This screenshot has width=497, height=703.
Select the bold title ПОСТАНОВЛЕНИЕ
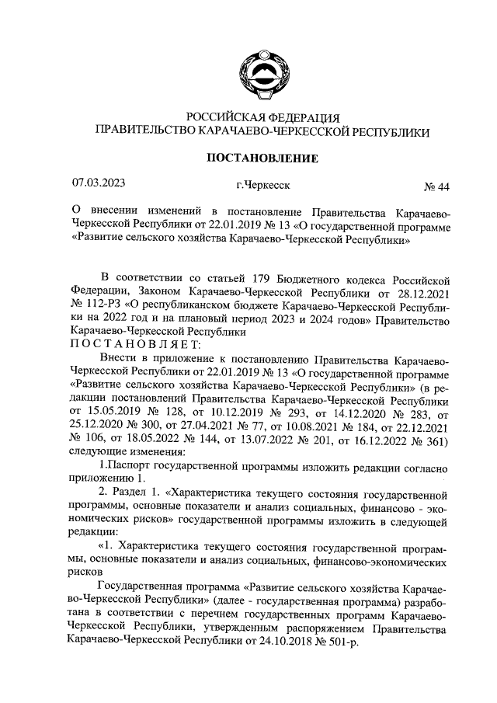coord(261,158)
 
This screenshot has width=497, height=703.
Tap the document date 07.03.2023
coord(99,183)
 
